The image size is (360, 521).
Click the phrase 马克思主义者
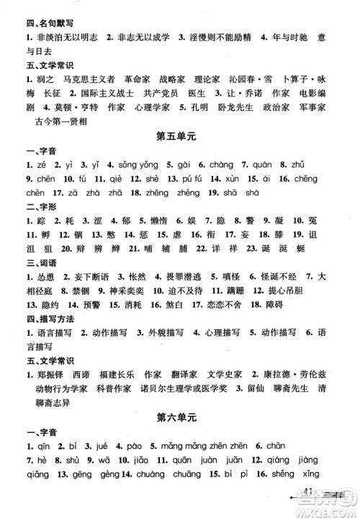(83, 75)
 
